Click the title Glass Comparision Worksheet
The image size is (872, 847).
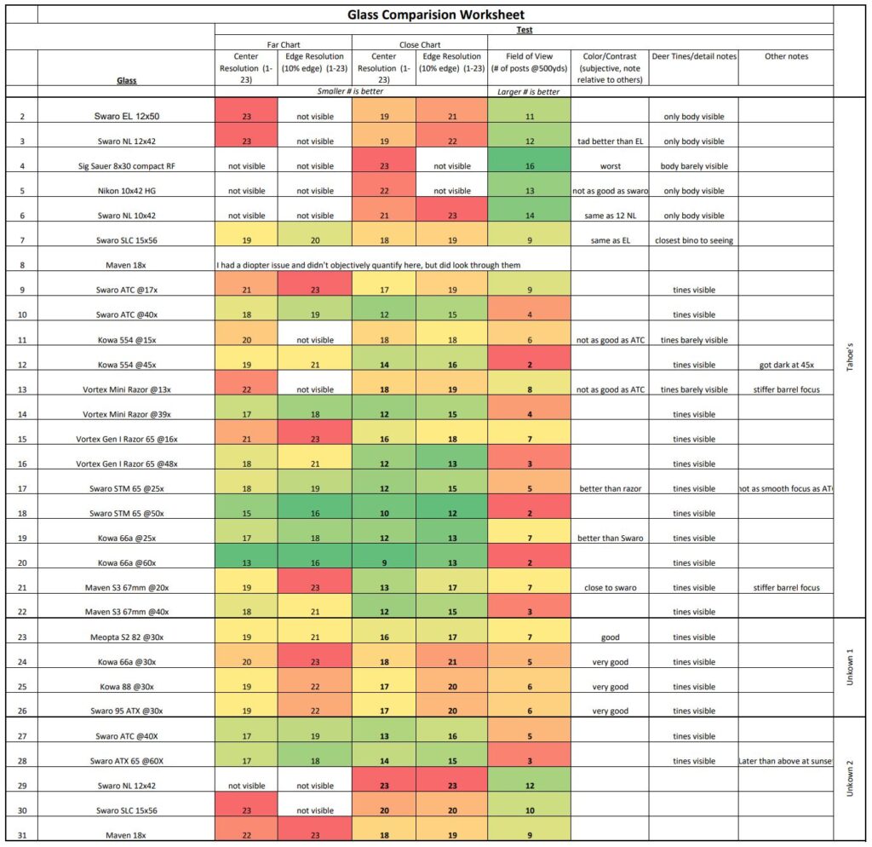click(435, 14)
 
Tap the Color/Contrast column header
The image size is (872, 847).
click(610, 67)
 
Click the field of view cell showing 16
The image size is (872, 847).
click(529, 166)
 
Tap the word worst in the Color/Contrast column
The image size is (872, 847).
click(610, 166)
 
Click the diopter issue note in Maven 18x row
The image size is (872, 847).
click(369, 265)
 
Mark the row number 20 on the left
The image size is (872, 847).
click(22, 563)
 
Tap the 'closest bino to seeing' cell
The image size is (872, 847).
click(693, 240)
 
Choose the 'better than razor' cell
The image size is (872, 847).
click(610, 489)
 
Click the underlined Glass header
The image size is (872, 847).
click(126, 80)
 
